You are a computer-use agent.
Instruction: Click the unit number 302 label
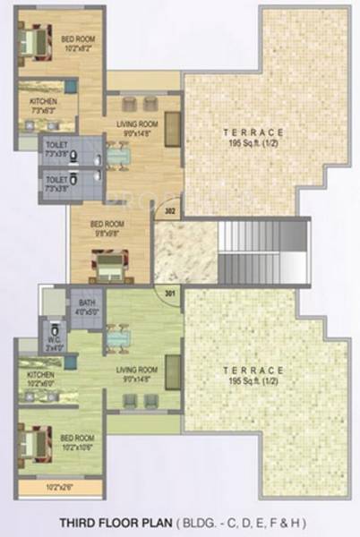coord(170,212)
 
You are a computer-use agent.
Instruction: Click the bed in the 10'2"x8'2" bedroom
coord(34,40)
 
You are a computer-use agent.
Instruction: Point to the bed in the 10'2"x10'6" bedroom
coord(34,442)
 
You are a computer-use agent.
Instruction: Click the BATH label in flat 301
coord(87,303)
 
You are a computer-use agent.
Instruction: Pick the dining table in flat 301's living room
coord(117,338)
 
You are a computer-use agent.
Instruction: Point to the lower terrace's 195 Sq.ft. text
coord(254,380)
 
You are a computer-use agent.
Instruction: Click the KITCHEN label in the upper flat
coord(43,102)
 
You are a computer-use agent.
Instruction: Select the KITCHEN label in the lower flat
coord(41,375)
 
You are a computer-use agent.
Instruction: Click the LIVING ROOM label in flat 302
coord(138,124)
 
